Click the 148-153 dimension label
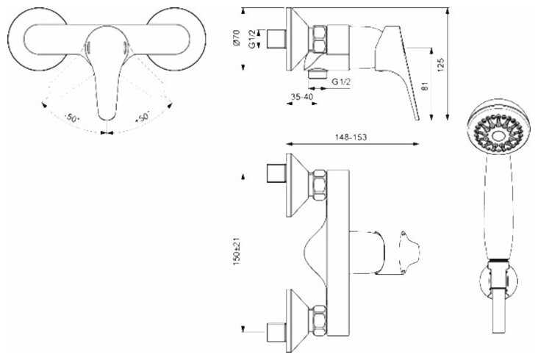click(x=351, y=137)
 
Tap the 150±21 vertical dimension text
click(x=237, y=252)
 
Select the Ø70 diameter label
click(x=236, y=37)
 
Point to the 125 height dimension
click(x=441, y=65)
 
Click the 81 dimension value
click(x=426, y=86)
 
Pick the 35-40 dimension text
click(x=302, y=97)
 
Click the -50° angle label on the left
click(x=71, y=118)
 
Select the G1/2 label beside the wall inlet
click(x=253, y=39)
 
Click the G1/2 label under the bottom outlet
click(x=341, y=82)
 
